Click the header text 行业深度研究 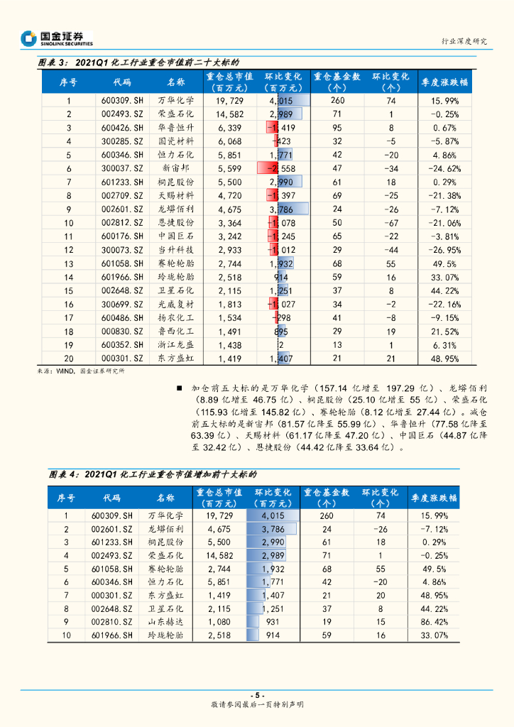pos(464,41)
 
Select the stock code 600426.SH pos(122,127)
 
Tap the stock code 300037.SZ pos(122,168)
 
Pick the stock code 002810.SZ pos(112,622)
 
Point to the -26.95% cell pos(445,250)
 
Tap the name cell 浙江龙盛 pos(175,344)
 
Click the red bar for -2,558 pos(269,168)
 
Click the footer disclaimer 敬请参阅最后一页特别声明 pos(257,706)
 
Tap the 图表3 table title pos(138,62)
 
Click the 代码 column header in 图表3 pos(122,82)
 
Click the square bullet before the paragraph pos(180,389)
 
